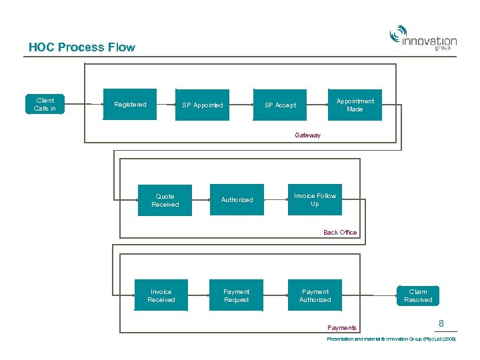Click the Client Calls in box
[45, 105]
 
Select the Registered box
[130, 105]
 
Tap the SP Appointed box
[203, 105]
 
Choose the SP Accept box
[280, 105]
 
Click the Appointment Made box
[355, 105]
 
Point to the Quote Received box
[165, 200]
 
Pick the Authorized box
[237, 200]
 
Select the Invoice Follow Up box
[315, 199]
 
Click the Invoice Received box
[161, 295]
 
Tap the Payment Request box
[237, 295]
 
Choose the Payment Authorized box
[315, 295]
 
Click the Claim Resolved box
[418, 295]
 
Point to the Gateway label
[307, 135]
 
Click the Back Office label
[340, 233]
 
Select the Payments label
[342, 327]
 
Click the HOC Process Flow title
[81, 47]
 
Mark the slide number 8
[441, 323]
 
